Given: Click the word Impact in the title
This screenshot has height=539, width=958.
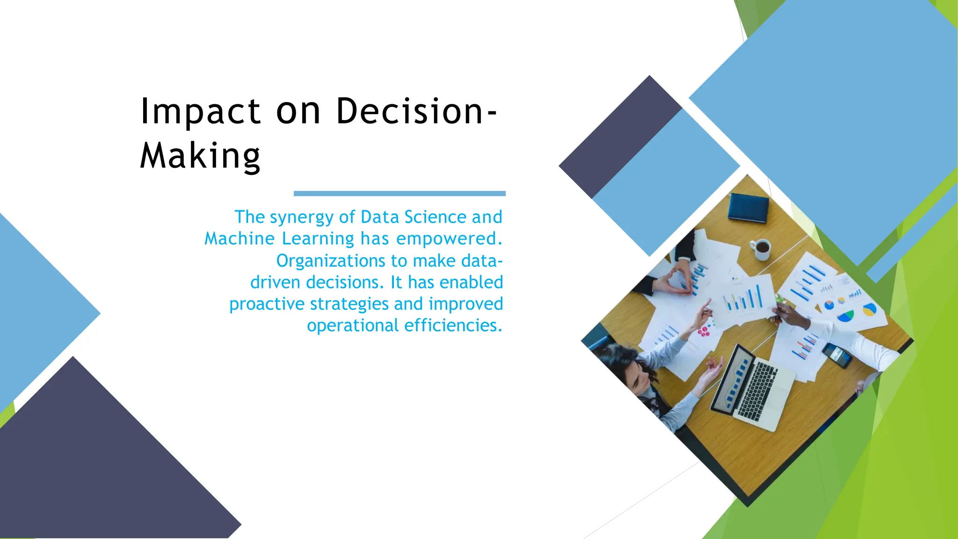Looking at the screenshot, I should tap(200, 112).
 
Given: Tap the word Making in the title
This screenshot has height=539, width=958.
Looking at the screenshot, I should tap(200, 156).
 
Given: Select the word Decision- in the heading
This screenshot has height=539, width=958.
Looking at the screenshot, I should tap(416, 112).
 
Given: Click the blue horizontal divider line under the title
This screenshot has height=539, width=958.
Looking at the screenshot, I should tap(399, 193).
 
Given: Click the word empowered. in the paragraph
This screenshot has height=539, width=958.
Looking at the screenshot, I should tap(449, 239).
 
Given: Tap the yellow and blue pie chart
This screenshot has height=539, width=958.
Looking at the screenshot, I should tap(869, 309).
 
